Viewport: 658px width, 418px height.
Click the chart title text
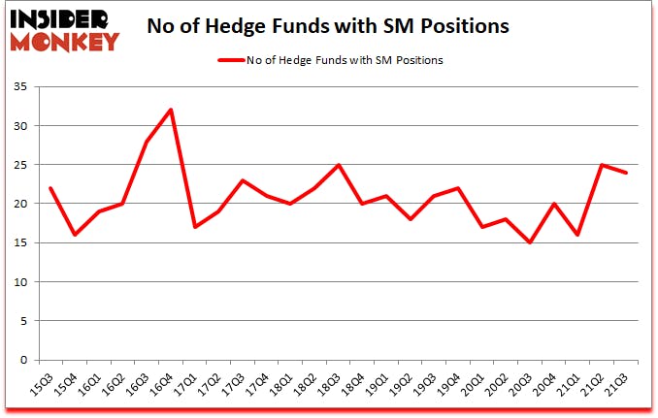point(328,27)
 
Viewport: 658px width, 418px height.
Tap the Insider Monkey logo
point(62,27)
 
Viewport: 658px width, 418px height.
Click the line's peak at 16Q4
point(172,110)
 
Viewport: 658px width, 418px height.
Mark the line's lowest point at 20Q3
point(531,242)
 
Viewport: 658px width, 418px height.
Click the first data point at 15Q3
point(49,188)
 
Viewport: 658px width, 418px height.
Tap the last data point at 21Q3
point(627,173)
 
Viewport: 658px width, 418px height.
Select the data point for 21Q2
point(603,165)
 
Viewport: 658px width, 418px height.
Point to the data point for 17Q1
point(196,227)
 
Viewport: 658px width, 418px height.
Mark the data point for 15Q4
point(74,235)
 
